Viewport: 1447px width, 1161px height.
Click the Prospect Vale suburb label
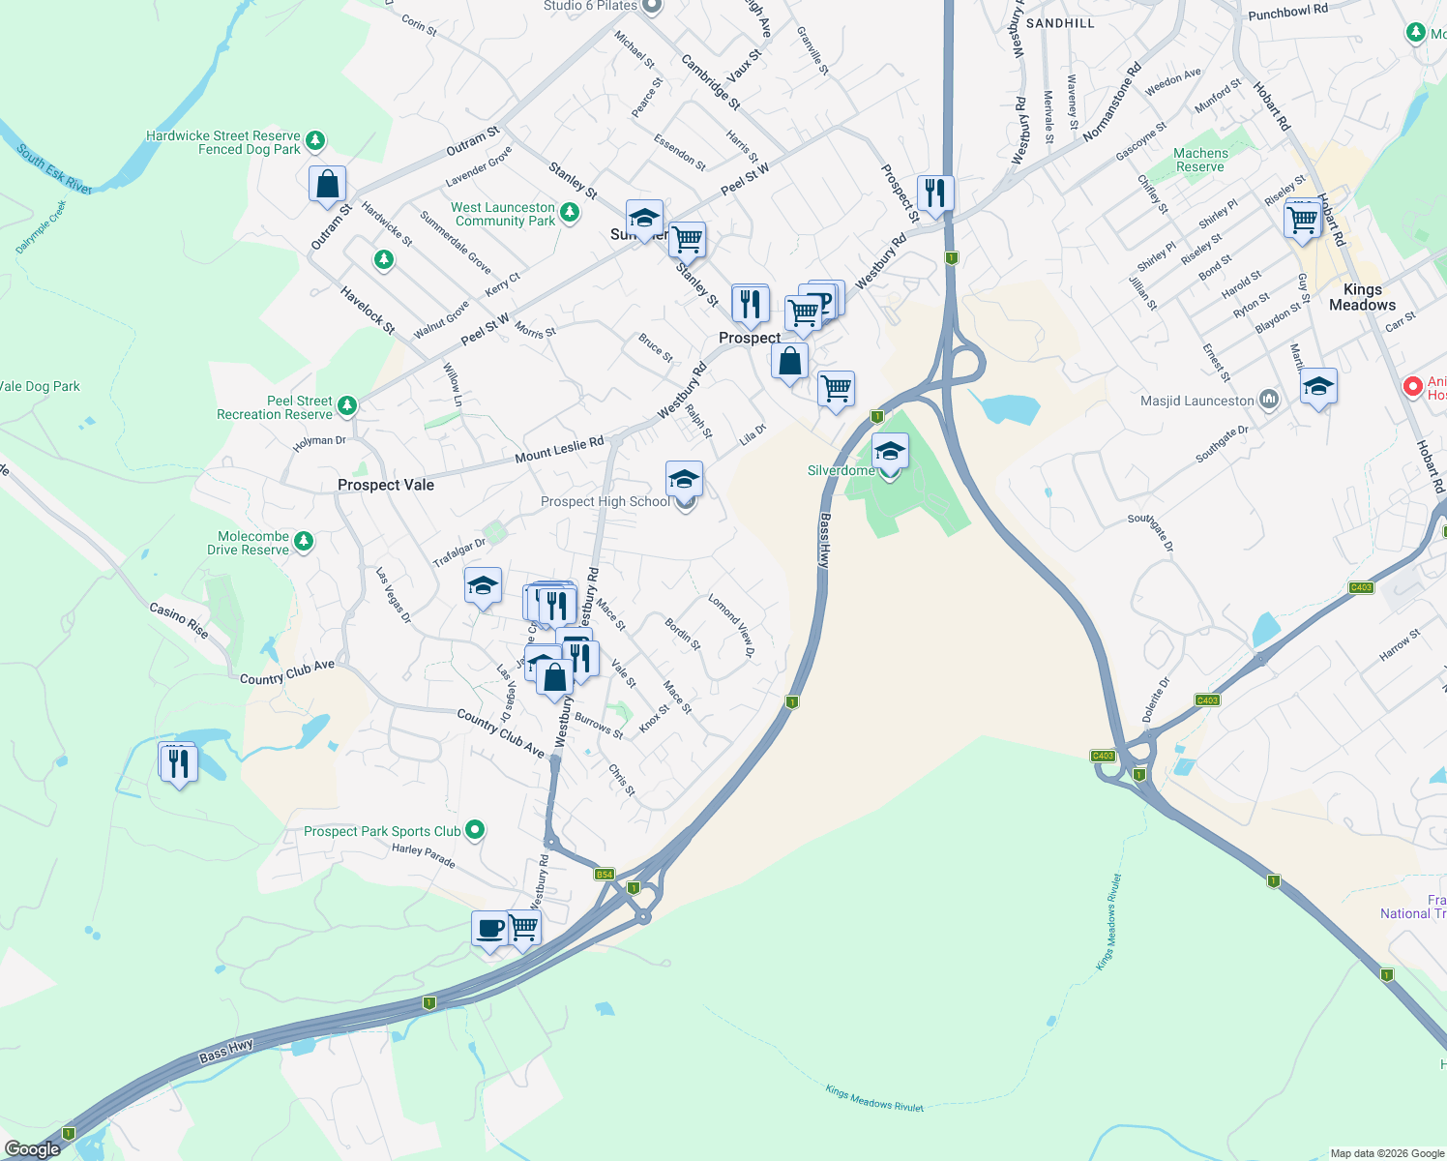coord(385,485)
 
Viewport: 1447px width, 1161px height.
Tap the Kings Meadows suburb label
coord(1362,297)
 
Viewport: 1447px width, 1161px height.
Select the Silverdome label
coord(841,470)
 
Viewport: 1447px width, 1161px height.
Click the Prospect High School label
coord(605,501)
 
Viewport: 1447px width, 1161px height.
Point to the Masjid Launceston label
coord(1196,401)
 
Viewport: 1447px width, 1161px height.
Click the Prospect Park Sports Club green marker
coord(475,830)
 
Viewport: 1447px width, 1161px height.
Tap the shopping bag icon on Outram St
coord(327,184)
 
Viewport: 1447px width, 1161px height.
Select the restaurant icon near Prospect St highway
coord(935,193)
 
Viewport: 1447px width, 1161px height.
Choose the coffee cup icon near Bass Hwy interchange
coord(489,928)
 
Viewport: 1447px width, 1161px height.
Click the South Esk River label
coord(54,169)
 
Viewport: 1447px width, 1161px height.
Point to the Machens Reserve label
coord(1200,160)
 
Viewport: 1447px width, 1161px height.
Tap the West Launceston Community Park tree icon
coord(570,213)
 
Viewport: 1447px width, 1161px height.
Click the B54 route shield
coord(605,875)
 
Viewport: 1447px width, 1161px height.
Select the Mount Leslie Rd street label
coord(559,450)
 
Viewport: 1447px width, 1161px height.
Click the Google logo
coord(32,1149)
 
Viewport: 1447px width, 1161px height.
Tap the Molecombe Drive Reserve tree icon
coord(304,542)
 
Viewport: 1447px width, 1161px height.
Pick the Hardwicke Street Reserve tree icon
coord(314,141)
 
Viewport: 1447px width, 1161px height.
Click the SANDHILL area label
coord(1060,22)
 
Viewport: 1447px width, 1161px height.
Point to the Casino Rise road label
coord(179,620)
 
